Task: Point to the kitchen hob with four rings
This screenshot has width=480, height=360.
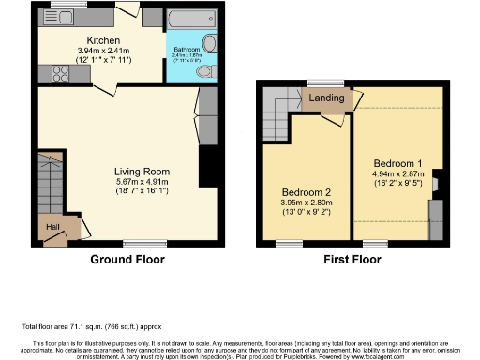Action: tap(62, 69)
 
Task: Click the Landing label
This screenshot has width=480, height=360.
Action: tap(325, 96)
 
